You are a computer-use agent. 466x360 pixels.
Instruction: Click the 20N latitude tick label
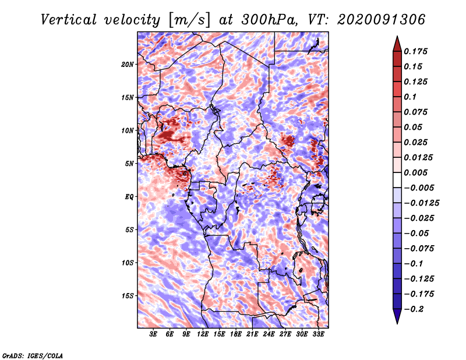point(128,64)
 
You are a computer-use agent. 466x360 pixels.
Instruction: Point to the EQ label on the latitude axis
point(129,197)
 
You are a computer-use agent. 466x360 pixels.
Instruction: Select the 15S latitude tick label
point(128,296)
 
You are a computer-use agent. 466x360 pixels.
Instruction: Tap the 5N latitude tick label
point(129,164)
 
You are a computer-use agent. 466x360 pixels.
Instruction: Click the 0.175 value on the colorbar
point(417,51)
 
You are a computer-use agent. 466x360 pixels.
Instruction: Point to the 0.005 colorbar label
point(417,173)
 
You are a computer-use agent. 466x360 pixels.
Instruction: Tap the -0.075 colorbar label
point(421,249)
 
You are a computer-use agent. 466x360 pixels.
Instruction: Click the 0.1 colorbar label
point(410,97)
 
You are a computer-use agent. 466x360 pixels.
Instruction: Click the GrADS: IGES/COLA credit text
point(33,355)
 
